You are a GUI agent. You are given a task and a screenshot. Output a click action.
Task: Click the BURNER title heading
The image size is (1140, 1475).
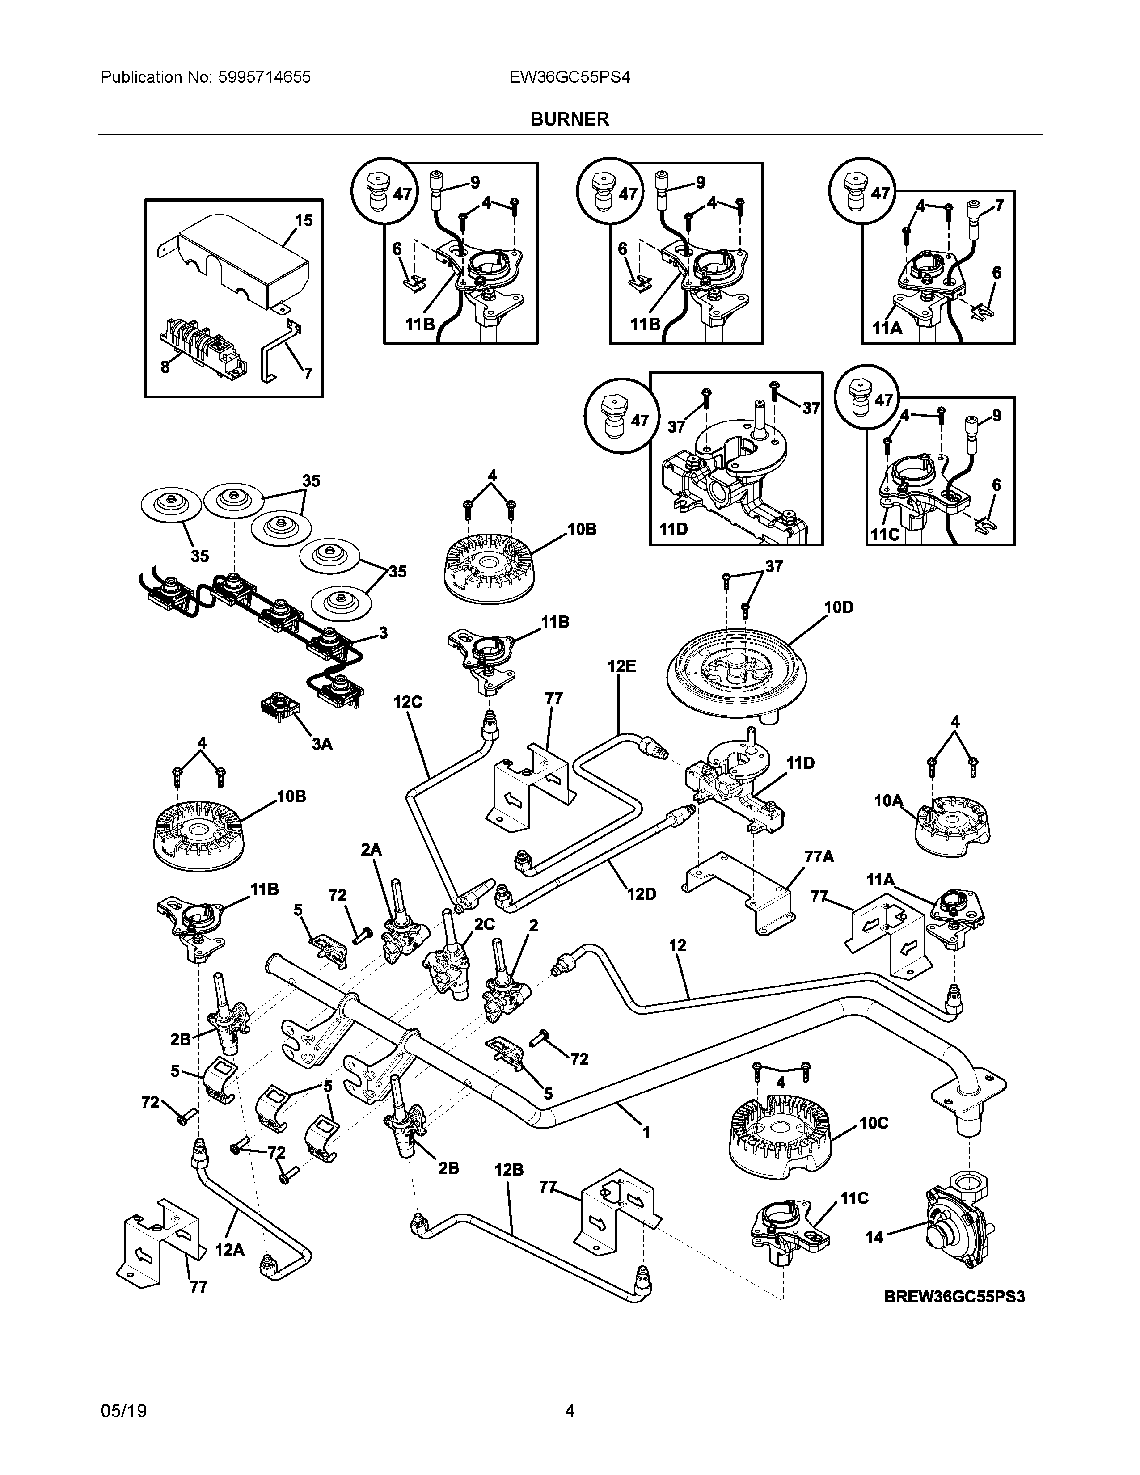point(569,119)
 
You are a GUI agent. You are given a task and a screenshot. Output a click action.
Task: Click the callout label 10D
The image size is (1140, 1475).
point(838,607)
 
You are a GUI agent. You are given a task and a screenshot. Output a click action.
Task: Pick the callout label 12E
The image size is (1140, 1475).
point(621,666)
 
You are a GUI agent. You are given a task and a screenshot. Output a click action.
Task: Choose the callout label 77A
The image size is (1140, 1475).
point(819,856)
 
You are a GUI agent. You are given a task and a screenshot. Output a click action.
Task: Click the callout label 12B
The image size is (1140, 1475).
point(509,1169)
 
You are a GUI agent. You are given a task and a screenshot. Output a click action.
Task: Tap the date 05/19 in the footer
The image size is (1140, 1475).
point(123,1412)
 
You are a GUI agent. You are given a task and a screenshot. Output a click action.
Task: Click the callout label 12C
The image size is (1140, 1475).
point(408,702)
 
